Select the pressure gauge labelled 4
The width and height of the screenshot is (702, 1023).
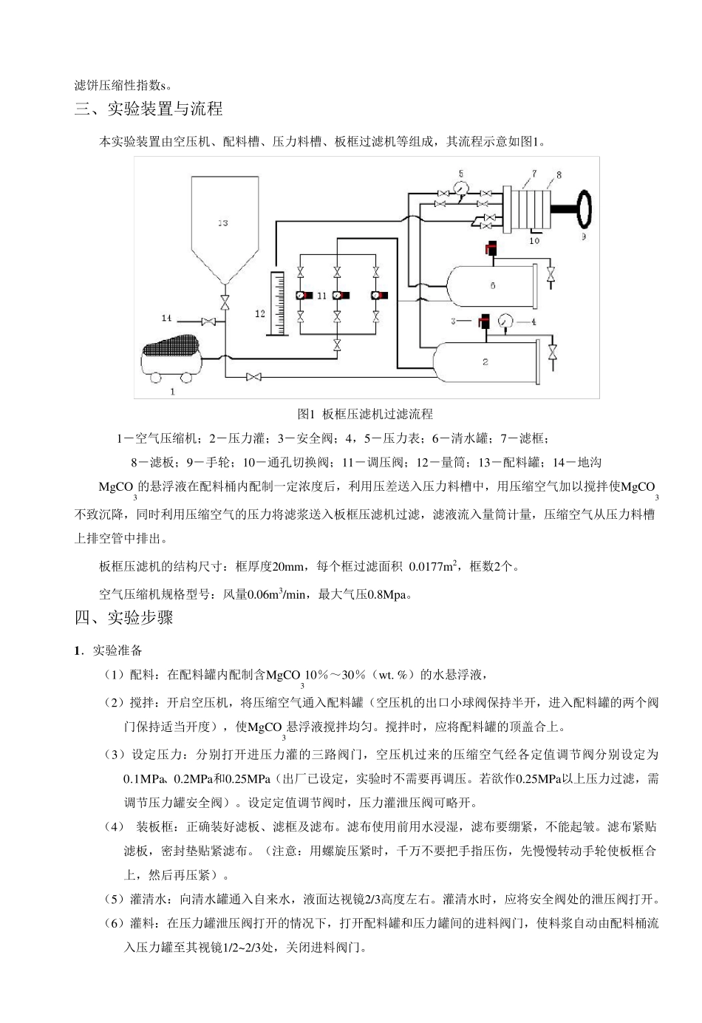coord(506,322)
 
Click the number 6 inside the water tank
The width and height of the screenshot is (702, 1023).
coord(493,286)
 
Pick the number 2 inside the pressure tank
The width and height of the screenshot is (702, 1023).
coord(485,361)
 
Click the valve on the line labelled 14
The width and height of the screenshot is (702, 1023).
coord(209,321)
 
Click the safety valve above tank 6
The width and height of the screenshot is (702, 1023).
coord(491,250)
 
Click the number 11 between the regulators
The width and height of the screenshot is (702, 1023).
coord(321,296)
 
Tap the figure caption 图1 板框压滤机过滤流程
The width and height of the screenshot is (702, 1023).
coord(365,413)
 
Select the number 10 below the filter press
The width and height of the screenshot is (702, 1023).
coord(534,240)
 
